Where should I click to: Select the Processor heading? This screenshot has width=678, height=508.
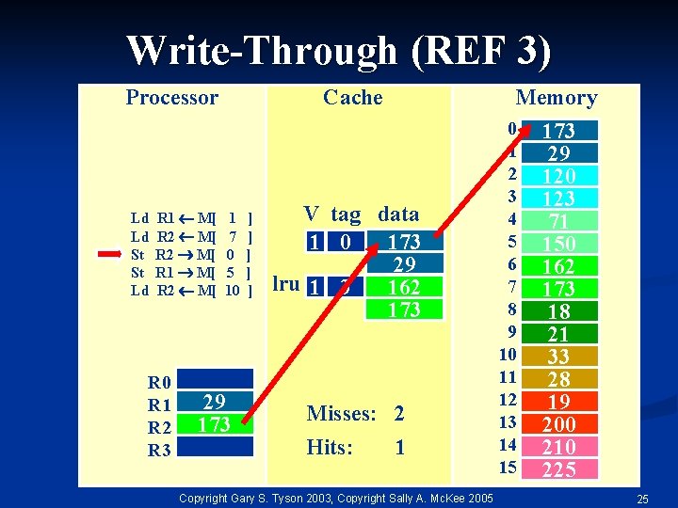[x=172, y=98]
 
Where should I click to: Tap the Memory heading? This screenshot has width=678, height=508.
[x=556, y=98]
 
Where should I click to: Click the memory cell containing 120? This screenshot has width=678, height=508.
[x=559, y=176]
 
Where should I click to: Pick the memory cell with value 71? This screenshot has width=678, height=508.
[x=559, y=221]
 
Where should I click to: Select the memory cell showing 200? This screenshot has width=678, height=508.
[x=559, y=424]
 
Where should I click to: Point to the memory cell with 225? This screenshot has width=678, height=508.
[x=559, y=469]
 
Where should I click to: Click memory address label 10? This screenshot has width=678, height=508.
[x=508, y=355]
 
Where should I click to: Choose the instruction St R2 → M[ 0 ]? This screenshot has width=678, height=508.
[x=194, y=254]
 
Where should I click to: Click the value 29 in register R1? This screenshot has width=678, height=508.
[x=215, y=403]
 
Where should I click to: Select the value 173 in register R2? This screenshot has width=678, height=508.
[x=215, y=424]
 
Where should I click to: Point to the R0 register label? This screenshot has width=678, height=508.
[x=159, y=382]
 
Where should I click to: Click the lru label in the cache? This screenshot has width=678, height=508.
[x=287, y=284]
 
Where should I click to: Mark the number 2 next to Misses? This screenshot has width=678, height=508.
[x=399, y=414]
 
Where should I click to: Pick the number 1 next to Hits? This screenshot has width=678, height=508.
[x=399, y=448]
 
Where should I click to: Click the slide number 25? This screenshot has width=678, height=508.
[x=643, y=498]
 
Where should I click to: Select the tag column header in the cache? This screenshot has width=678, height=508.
[x=345, y=214]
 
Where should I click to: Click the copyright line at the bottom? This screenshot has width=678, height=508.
[x=335, y=497]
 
